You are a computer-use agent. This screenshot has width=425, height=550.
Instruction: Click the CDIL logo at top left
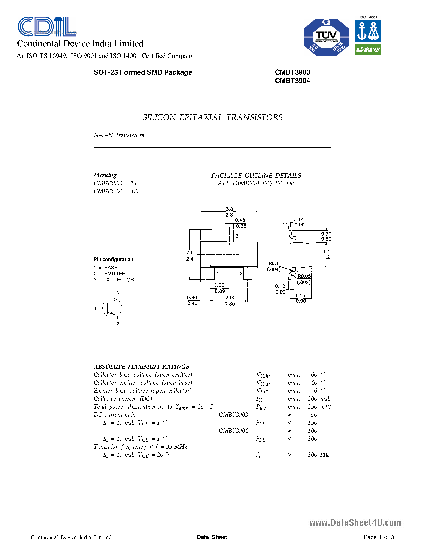click(x=47, y=26)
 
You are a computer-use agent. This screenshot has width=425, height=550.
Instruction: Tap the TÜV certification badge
click(x=326, y=37)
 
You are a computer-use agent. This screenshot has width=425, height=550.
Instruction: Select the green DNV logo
click(x=368, y=49)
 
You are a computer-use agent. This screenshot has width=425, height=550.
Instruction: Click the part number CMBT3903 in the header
click(x=292, y=72)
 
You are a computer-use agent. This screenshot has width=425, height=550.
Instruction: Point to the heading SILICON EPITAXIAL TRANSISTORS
click(x=212, y=117)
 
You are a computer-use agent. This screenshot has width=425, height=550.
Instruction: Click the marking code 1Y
click(x=134, y=183)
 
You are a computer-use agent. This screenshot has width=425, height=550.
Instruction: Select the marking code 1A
click(x=134, y=191)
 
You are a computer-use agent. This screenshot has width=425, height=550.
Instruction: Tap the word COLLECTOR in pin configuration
click(x=119, y=280)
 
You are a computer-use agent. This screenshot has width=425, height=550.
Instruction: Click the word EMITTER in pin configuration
click(x=115, y=274)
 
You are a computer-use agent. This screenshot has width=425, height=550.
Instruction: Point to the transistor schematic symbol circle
click(x=112, y=308)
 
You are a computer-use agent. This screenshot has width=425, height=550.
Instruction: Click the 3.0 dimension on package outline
click(x=229, y=209)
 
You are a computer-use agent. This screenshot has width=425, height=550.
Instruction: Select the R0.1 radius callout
click(x=273, y=263)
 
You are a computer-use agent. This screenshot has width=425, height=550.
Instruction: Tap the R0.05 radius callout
click(x=304, y=276)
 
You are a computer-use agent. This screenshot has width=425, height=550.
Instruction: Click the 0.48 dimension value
click(x=240, y=220)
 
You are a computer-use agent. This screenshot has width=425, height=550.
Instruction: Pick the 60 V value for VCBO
click(x=317, y=375)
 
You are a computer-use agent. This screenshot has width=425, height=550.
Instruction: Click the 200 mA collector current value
click(x=318, y=399)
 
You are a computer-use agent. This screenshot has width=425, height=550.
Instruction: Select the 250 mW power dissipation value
click(x=319, y=407)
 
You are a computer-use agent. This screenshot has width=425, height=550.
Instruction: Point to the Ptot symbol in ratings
click(x=261, y=407)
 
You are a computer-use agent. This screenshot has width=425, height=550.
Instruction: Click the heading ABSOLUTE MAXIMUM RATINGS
click(x=141, y=367)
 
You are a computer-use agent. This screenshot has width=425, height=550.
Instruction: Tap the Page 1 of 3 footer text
click(x=379, y=537)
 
